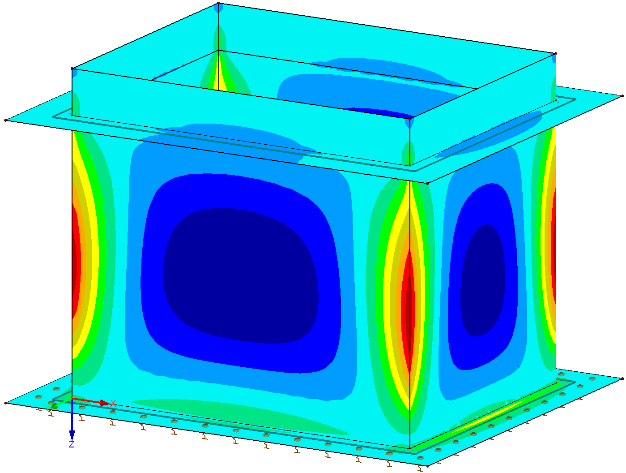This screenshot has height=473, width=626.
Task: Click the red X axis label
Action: [113, 403]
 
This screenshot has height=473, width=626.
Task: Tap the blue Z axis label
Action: [72, 444]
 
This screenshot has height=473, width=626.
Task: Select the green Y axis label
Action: [47, 407]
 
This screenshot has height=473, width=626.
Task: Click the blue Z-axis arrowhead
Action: [72, 435]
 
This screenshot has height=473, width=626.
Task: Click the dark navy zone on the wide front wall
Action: [241, 275]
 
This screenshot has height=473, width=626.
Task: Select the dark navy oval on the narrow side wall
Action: [482, 280]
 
